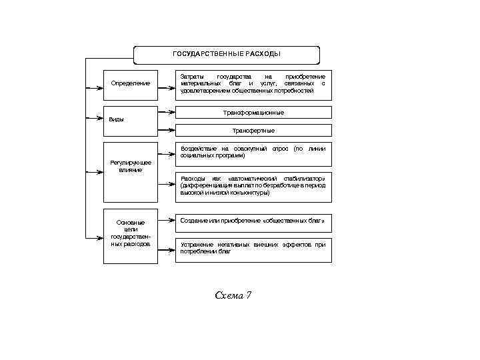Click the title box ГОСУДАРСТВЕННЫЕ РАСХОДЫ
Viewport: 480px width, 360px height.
point(227,54)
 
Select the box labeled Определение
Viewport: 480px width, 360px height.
point(131,83)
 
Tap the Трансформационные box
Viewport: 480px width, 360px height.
point(253,113)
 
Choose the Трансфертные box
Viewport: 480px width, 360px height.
point(253,130)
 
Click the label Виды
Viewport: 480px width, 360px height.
point(116,119)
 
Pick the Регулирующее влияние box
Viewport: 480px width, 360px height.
point(131,172)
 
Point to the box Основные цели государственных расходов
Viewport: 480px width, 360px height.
point(131,236)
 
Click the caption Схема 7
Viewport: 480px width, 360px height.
point(233,295)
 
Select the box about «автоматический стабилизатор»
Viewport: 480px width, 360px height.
point(253,186)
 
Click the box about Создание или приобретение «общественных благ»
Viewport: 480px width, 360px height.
point(253,220)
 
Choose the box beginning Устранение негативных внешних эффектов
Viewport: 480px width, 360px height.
point(253,249)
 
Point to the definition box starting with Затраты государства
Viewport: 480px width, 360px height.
point(253,83)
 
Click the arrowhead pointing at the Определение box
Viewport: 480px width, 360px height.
point(100,83)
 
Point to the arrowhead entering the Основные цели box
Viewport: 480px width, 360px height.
point(100,236)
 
